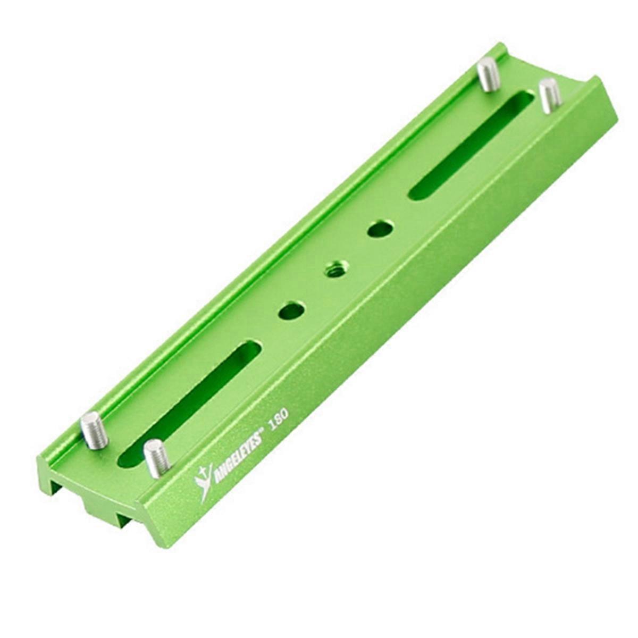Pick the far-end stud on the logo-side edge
coord(547,96)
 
